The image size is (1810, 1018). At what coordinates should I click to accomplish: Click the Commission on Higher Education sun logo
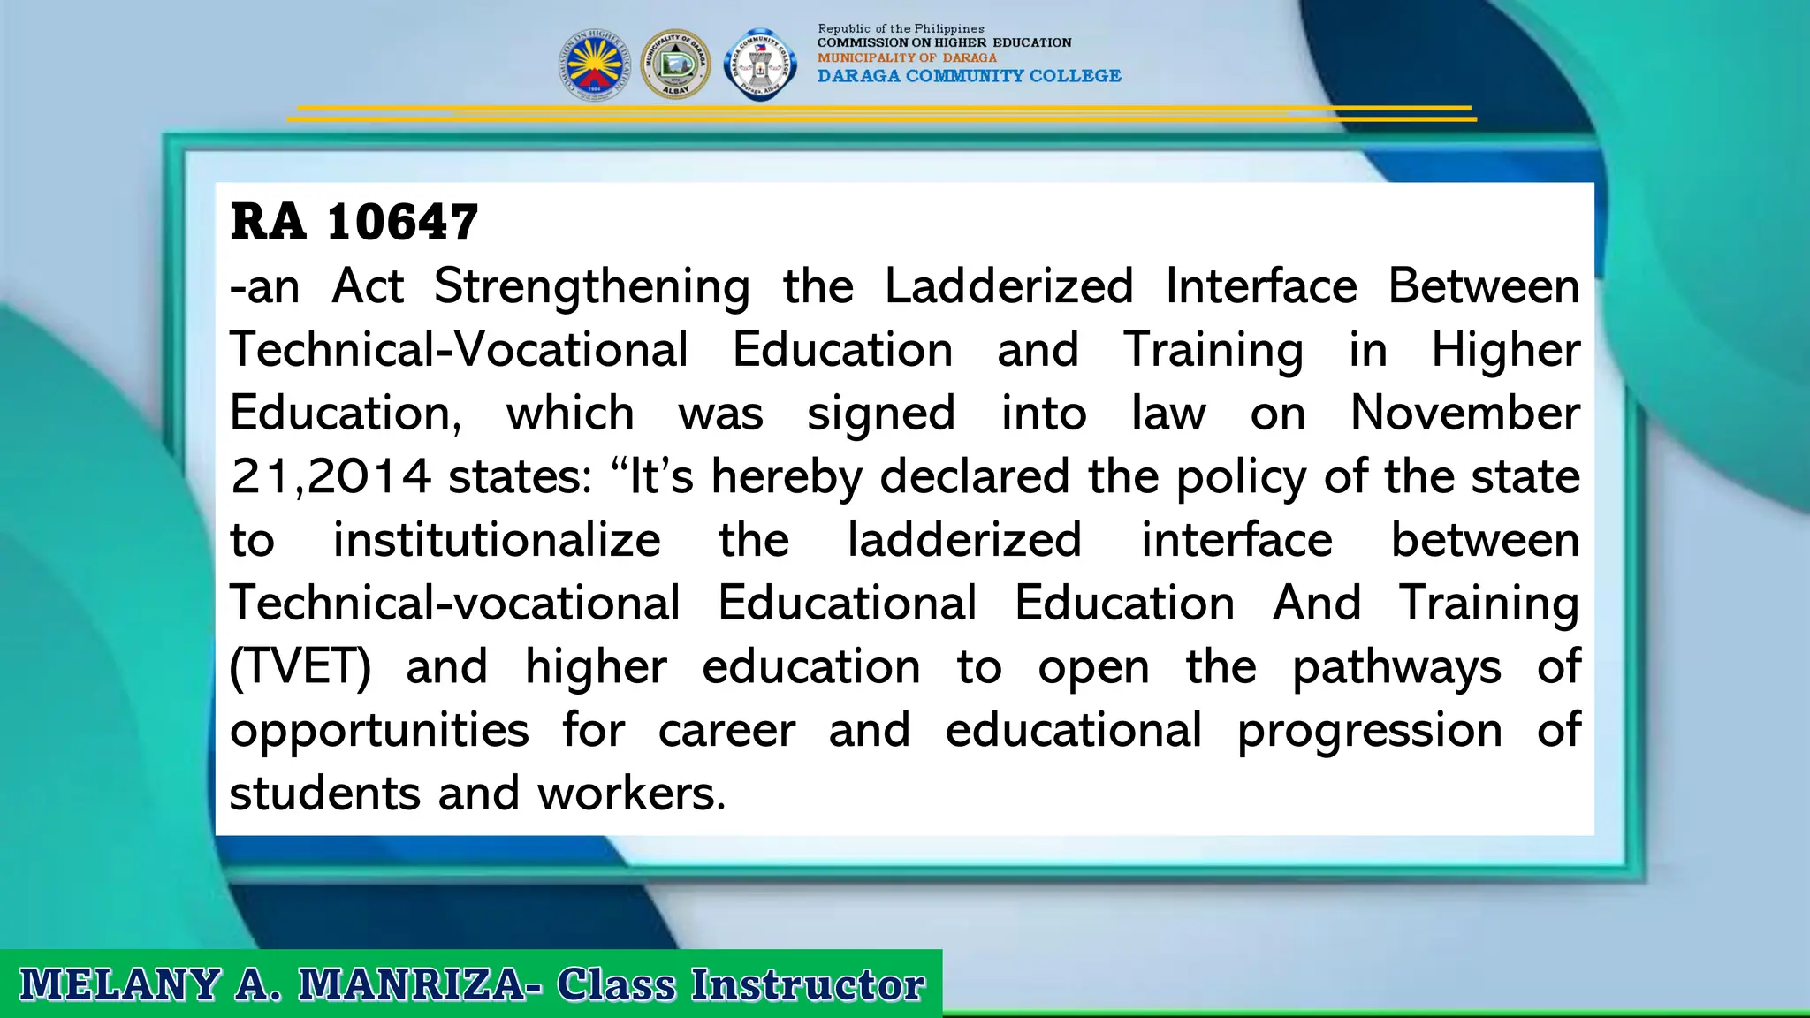pos(595,65)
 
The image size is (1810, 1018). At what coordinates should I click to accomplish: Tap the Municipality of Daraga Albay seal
pos(675,64)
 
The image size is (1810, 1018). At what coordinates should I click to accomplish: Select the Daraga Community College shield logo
pos(760,65)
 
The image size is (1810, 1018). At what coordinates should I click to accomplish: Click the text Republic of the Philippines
pos(901,28)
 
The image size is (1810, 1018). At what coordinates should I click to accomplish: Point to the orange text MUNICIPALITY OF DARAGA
pos(907,57)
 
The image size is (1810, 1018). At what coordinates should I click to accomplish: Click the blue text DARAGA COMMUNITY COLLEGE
pos(969,76)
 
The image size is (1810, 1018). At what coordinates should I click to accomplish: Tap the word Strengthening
pos(591,286)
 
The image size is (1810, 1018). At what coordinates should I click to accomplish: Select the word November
pos(1464,413)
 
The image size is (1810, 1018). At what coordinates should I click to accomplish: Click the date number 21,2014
pos(331,476)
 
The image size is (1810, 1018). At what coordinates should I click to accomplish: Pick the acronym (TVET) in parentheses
pos(300,666)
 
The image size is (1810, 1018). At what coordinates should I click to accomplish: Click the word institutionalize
pos(496,540)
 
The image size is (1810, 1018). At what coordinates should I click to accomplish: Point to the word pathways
pos(1396,667)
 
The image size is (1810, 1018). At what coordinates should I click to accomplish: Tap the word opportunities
pos(379,731)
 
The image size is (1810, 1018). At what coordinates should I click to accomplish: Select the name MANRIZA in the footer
pos(413,984)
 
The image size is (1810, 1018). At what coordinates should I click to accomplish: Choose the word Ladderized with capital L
pos(1008,286)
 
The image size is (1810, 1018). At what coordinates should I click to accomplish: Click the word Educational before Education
pos(847,604)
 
